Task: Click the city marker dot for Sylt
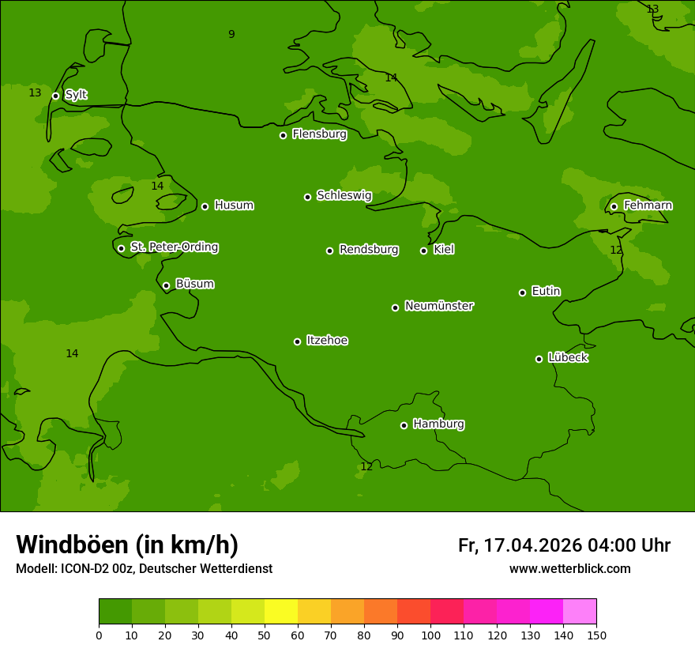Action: click(x=55, y=96)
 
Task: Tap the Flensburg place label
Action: click(x=319, y=134)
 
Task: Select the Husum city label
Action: click(x=234, y=205)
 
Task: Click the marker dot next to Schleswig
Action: click(x=307, y=197)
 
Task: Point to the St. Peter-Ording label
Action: click(x=174, y=247)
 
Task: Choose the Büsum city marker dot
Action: click(x=166, y=285)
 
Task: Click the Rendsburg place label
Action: click(x=369, y=250)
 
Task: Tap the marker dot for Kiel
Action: click(x=423, y=251)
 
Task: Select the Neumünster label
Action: click(x=439, y=306)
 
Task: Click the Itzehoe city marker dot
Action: click(x=297, y=341)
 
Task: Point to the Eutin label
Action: click(x=546, y=292)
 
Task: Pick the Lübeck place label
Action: click(x=567, y=358)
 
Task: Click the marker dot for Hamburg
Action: click(x=404, y=425)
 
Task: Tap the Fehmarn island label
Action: click(x=648, y=205)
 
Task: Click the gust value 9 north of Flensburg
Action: click(x=231, y=34)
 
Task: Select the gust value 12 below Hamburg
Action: click(x=366, y=467)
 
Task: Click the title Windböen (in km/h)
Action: click(x=127, y=545)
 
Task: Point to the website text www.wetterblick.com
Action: click(x=569, y=568)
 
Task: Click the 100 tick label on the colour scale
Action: click(x=430, y=635)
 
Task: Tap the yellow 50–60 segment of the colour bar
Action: click(x=281, y=612)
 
